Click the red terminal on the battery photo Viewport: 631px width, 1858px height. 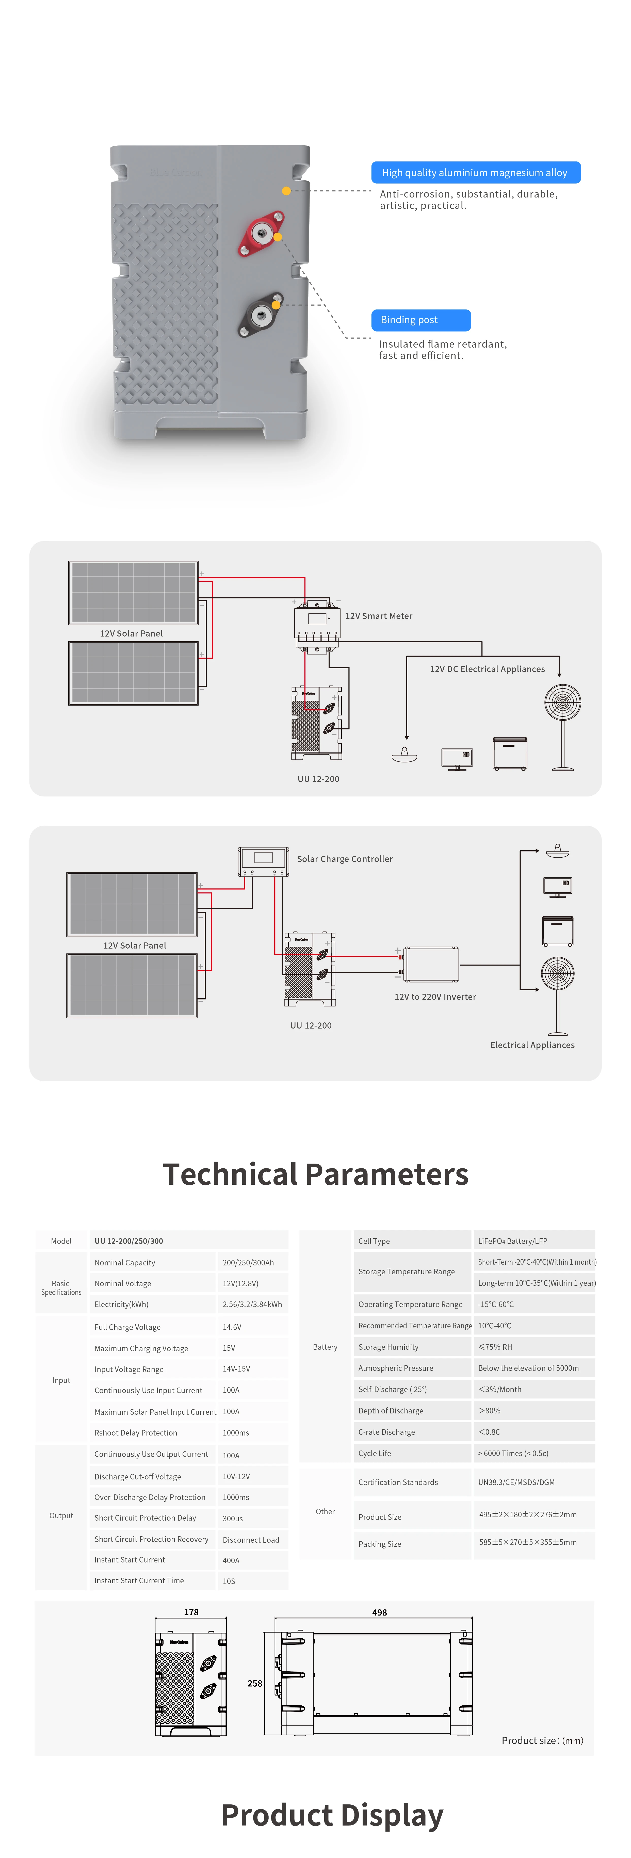[x=261, y=233]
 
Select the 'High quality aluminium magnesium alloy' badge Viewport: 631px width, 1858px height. [x=475, y=172]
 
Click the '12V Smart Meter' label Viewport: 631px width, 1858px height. [x=379, y=616]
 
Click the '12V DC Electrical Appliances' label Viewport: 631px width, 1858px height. [x=488, y=669]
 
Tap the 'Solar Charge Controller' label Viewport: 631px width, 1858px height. [x=345, y=859]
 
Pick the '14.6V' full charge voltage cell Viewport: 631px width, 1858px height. [x=232, y=1327]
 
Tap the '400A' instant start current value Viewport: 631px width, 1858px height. [x=231, y=1560]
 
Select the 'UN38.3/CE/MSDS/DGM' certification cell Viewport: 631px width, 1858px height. [x=516, y=1482]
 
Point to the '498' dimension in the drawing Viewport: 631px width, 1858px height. [x=379, y=1612]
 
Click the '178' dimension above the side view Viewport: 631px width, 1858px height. [x=191, y=1612]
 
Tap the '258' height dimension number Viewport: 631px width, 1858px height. [x=255, y=1684]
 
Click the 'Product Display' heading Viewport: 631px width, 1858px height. [x=332, y=1815]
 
